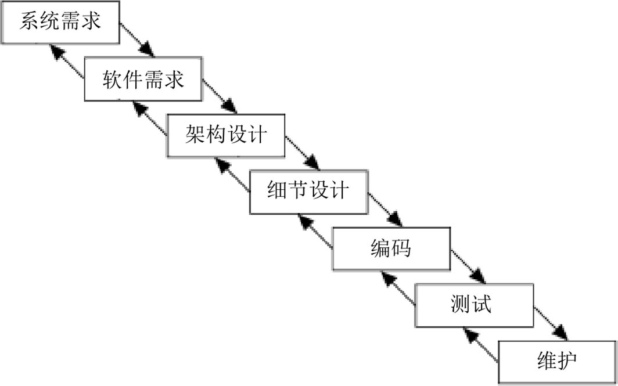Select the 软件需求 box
point(143,78)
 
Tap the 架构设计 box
point(226,135)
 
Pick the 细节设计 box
point(308,191)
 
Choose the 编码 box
point(390,248)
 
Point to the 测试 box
point(473,304)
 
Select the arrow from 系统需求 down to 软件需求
point(138,40)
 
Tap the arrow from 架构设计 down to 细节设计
point(303,152)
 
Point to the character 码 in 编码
point(401,248)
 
